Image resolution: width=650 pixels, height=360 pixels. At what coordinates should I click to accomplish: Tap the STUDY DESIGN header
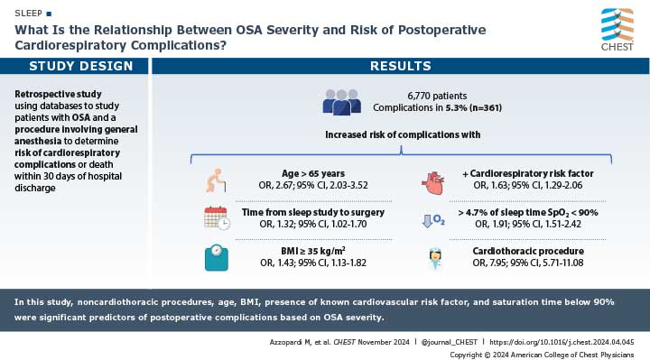point(74,66)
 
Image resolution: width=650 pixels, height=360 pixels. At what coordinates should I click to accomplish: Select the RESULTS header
point(401,66)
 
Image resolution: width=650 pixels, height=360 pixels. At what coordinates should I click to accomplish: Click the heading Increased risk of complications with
point(401,134)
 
